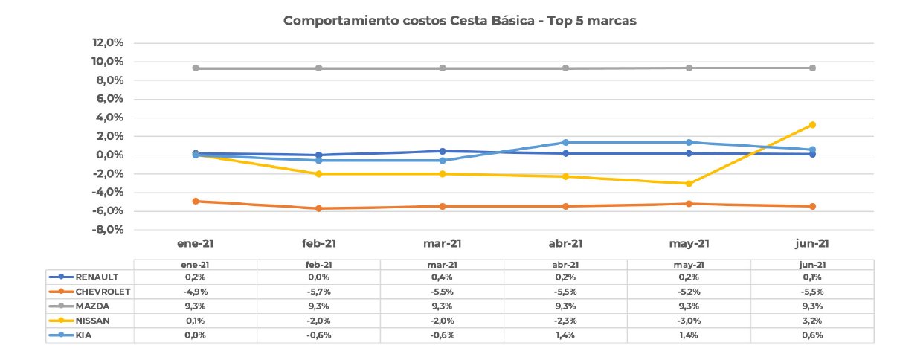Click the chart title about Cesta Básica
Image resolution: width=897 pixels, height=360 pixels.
tap(460, 21)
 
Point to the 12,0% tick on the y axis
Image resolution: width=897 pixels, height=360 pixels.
tap(108, 42)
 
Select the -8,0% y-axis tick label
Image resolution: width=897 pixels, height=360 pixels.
tap(108, 229)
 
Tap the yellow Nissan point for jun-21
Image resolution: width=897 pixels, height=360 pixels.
tap(812, 125)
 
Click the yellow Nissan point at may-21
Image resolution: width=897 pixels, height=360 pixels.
tap(689, 184)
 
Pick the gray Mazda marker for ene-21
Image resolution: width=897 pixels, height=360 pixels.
tap(196, 68)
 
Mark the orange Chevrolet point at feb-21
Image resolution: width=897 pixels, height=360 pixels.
tap(319, 208)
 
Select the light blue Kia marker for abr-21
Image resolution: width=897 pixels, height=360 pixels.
tap(565, 142)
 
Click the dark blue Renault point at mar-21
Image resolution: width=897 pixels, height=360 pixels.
tap(442, 152)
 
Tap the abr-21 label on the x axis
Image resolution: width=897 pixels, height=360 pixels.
tap(565, 243)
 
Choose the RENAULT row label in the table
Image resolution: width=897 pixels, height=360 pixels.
tap(97, 277)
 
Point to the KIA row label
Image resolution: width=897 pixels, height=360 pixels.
tap(83, 335)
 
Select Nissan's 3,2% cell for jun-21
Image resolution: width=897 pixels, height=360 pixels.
tap(812, 321)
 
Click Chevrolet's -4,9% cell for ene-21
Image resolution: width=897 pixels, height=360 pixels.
tap(196, 292)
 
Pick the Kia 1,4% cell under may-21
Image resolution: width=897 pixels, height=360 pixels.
tap(689, 335)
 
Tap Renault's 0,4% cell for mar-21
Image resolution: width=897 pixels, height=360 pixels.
tap(442, 277)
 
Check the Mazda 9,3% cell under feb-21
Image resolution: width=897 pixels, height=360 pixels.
tap(319, 306)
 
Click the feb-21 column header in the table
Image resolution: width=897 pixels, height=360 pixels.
tap(319, 265)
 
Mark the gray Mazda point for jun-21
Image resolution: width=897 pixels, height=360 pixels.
tap(812, 68)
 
